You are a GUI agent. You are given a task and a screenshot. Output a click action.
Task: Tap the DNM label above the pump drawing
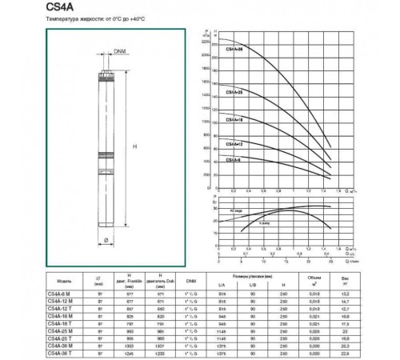[119, 52]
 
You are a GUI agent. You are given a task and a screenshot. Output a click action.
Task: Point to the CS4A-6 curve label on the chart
[234, 161]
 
